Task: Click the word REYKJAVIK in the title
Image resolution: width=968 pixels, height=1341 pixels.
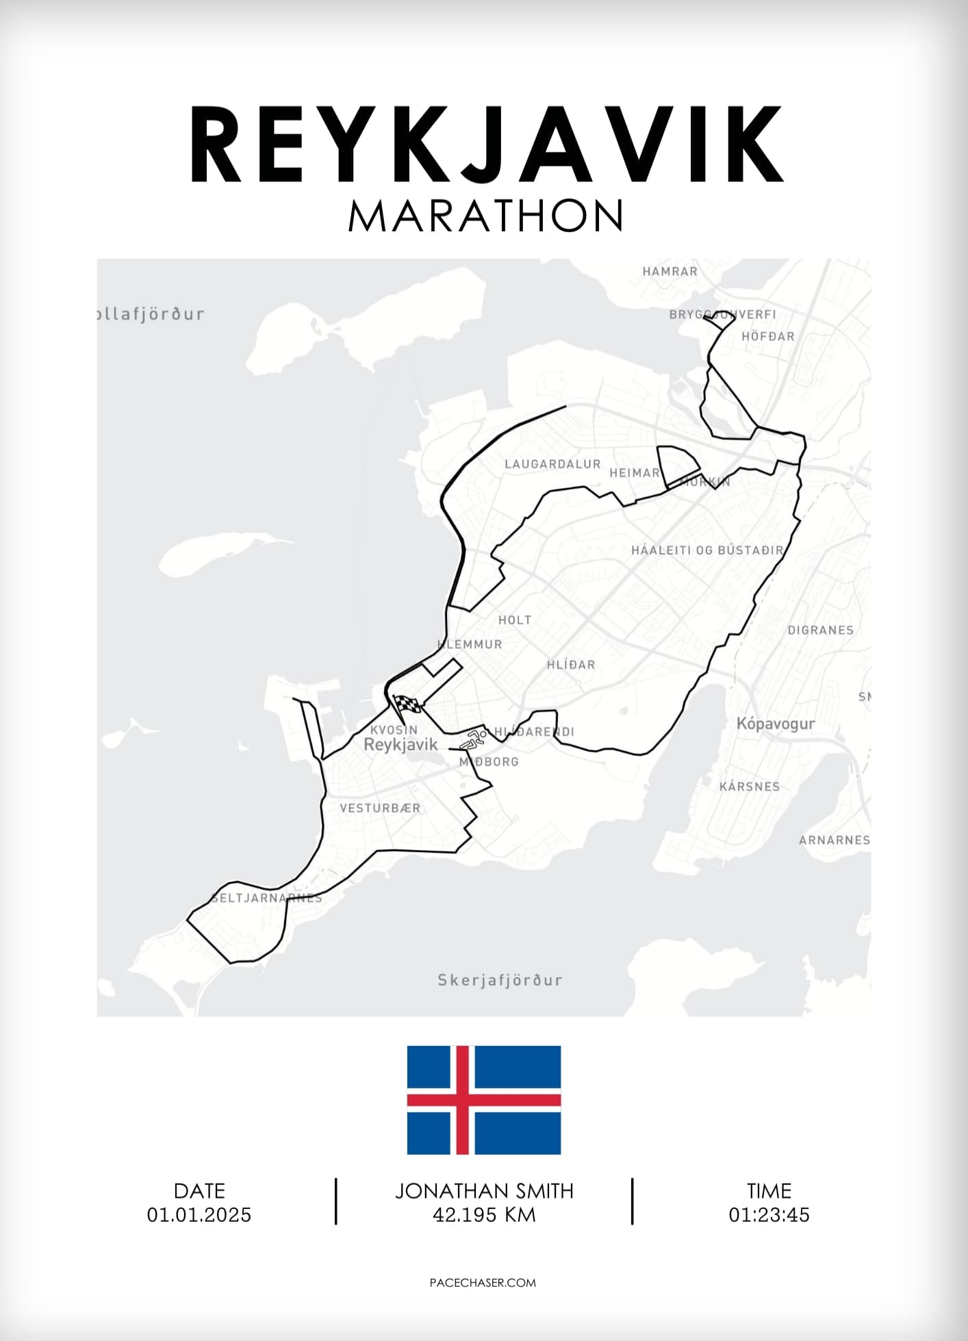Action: click(485, 145)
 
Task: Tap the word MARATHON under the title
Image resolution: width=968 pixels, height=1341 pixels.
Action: click(485, 216)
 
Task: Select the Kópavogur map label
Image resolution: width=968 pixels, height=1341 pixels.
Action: click(775, 724)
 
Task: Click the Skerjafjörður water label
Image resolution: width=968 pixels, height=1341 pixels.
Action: click(500, 980)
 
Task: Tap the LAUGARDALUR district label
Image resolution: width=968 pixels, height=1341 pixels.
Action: click(552, 464)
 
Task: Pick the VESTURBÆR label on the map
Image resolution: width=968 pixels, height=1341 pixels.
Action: click(380, 808)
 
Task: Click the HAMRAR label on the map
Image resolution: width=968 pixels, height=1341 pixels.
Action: click(670, 271)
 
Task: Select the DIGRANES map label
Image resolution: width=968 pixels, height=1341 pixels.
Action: click(820, 630)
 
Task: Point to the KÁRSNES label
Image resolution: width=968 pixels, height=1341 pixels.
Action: click(749, 787)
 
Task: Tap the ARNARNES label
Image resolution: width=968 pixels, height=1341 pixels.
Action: click(834, 840)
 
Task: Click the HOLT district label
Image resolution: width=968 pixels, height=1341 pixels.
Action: click(515, 620)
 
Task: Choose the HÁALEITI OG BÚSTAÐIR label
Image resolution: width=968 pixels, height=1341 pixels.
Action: click(707, 550)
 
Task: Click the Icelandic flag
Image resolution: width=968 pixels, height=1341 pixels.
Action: click(484, 1099)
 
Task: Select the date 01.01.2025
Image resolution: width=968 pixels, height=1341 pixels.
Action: click(199, 1214)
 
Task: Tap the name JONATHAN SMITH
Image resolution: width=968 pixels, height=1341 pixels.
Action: click(484, 1190)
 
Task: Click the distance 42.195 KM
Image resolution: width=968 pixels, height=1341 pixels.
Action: click(484, 1214)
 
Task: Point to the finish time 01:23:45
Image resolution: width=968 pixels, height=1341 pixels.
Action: click(769, 1214)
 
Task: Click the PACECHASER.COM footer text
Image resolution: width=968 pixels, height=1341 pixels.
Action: click(483, 1282)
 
